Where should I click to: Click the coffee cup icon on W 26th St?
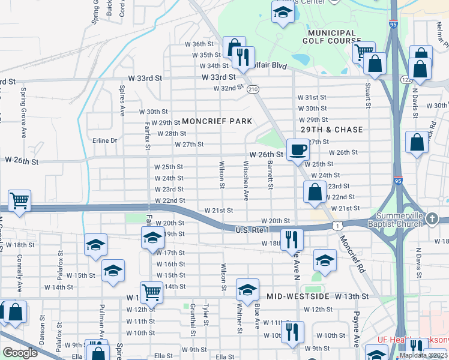[298, 149]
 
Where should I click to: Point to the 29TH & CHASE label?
[332, 130]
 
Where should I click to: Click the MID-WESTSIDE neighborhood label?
[298, 296]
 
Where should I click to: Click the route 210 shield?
[253, 89]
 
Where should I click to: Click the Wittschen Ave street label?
[246, 180]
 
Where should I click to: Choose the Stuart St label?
[367, 91]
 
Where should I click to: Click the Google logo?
[20, 353]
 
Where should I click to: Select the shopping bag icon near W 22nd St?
[315, 192]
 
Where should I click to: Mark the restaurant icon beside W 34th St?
[243, 58]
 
